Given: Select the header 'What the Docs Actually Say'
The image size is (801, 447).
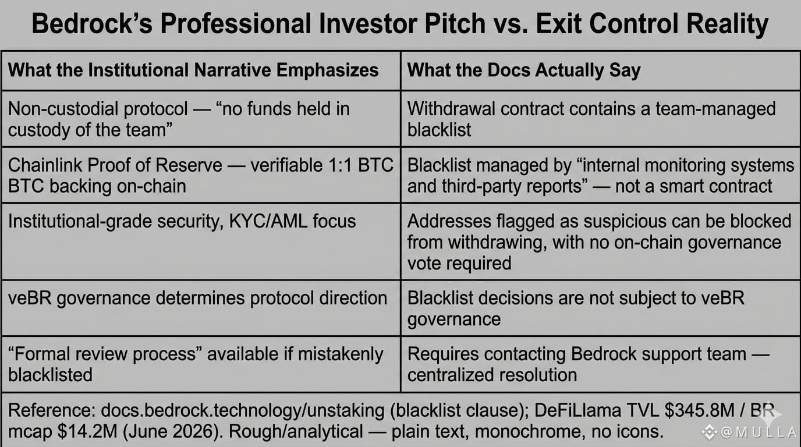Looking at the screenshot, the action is click(x=524, y=70).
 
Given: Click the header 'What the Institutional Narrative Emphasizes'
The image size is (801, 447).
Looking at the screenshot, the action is click(x=193, y=70).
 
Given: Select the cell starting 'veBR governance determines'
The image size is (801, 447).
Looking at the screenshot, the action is click(x=197, y=298).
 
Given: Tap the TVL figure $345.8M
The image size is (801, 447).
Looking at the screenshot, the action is click(x=700, y=410).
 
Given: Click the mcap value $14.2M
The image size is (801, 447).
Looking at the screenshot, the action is click(x=87, y=431).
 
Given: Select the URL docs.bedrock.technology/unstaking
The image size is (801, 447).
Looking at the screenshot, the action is click(x=243, y=410).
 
